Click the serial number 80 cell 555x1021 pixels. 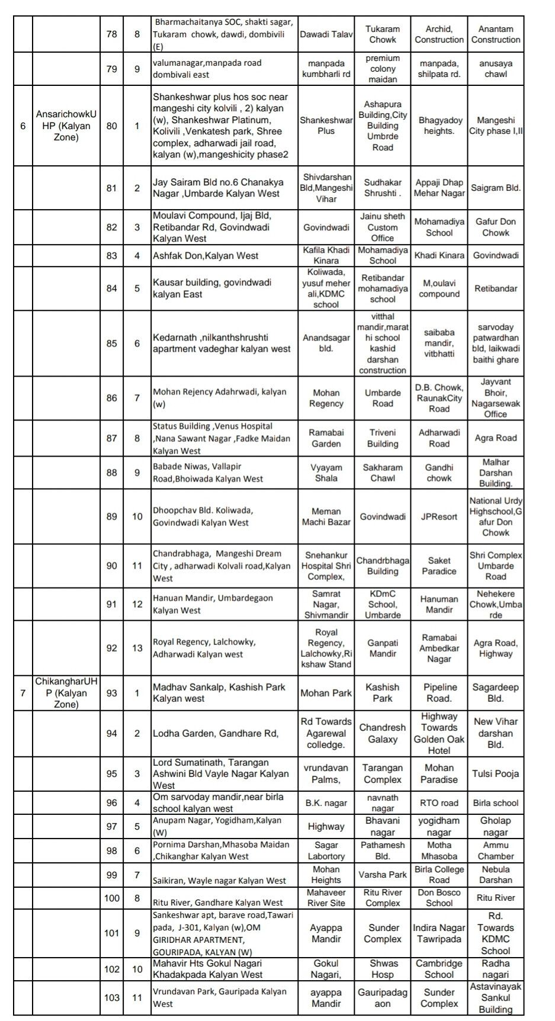tap(111, 126)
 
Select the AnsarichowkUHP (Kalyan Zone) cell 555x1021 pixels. tap(66, 126)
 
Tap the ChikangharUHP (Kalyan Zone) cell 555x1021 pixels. tap(66, 693)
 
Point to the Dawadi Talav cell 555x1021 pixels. tap(326, 34)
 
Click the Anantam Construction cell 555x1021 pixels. tap(496, 34)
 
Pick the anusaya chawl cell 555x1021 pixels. tap(496, 69)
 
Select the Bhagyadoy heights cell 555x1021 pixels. tap(439, 126)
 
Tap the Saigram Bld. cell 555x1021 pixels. tap(496, 188)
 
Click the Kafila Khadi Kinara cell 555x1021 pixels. tap(326, 255)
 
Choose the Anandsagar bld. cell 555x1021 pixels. tap(326, 343)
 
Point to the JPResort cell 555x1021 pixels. tap(439, 516)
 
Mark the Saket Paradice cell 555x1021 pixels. tap(439, 566)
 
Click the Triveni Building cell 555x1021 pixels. tap(383, 438)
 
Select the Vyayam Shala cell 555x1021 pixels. tap(326, 473)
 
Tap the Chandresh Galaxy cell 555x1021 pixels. tap(383, 733)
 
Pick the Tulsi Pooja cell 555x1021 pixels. tap(496, 773)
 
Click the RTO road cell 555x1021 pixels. tap(439, 803)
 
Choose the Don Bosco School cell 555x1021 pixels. tap(439, 898)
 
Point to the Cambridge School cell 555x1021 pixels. tap(439, 969)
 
